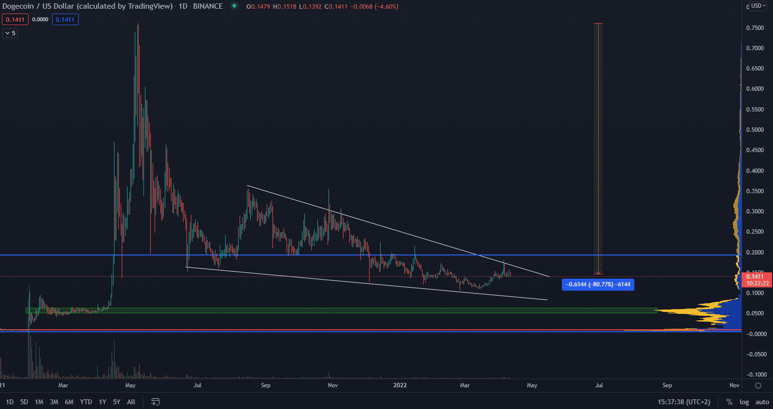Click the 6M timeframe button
69,402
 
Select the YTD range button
86,402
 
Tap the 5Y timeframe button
116,402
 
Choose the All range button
131,402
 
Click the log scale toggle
744,402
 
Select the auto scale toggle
762,402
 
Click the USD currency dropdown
758,6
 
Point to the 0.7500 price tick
755,28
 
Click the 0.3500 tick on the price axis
755,191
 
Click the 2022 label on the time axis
400,385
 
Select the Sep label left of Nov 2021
266,385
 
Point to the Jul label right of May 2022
599,385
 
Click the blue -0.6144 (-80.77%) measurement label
598,284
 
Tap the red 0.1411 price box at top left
15,19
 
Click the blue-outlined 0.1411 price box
65,19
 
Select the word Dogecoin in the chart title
18,6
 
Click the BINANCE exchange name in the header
208,6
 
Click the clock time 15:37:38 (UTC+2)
684,402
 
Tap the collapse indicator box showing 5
10,33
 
